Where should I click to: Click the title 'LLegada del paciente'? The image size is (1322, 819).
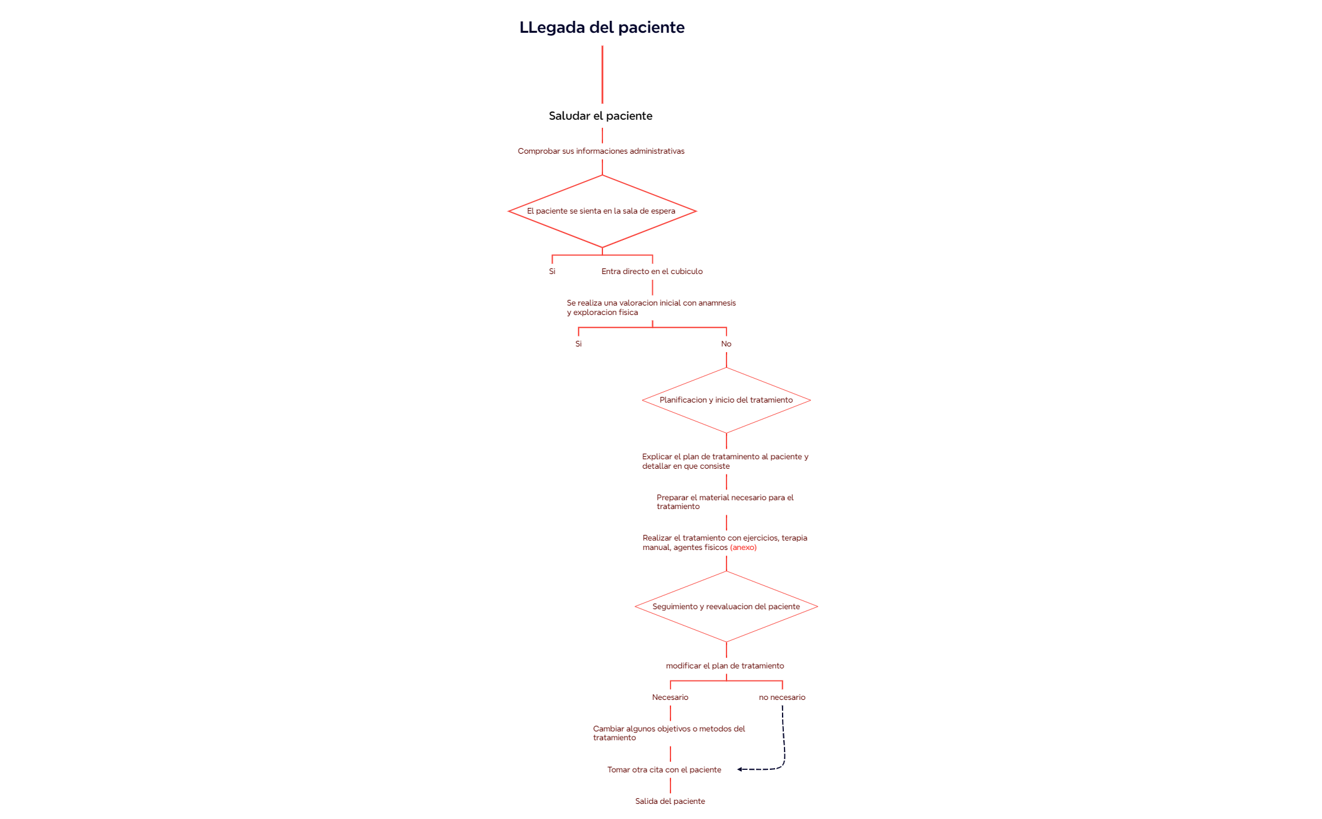click(x=602, y=28)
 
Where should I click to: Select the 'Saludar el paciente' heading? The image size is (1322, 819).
click(x=601, y=116)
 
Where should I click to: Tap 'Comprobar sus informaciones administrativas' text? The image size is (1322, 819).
click(x=601, y=151)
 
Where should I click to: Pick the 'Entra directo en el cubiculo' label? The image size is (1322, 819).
click(x=652, y=272)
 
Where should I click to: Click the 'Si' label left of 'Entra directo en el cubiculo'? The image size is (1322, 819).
click(x=552, y=272)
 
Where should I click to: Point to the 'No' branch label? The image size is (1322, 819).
click(x=727, y=344)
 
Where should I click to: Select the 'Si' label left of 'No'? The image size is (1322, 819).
click(x=578, y=344)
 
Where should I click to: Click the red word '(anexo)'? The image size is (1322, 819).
click(x=744, y=547)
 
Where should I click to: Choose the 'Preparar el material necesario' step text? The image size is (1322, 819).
click(x=725, y=502)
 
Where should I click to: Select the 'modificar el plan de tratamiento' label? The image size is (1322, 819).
click(x=725, y=666)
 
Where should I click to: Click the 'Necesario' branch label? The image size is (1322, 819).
click(x=670, y=697)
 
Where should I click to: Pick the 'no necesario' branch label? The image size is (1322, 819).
click(x=782, y=697)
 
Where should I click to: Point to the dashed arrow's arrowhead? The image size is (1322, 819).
click(x=740, y=769)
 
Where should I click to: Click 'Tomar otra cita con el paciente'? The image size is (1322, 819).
click(x=664, y=770)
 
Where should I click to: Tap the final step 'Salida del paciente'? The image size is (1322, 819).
click(x=670, y=801)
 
